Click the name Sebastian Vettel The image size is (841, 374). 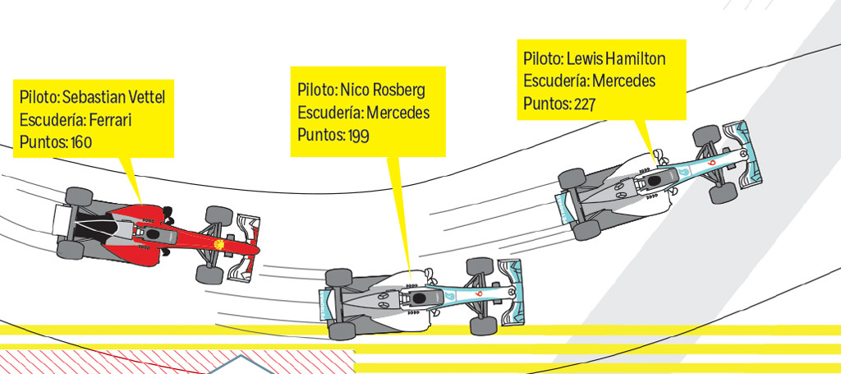(x=113, y=98)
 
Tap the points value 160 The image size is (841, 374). (x=81, y=142)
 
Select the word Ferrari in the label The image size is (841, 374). (x=110, y=120)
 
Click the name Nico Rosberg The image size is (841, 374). (x=383, y=90)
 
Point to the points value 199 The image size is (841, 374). (x=358, y=135)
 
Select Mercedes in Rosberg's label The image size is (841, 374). (x=398, y=113)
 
